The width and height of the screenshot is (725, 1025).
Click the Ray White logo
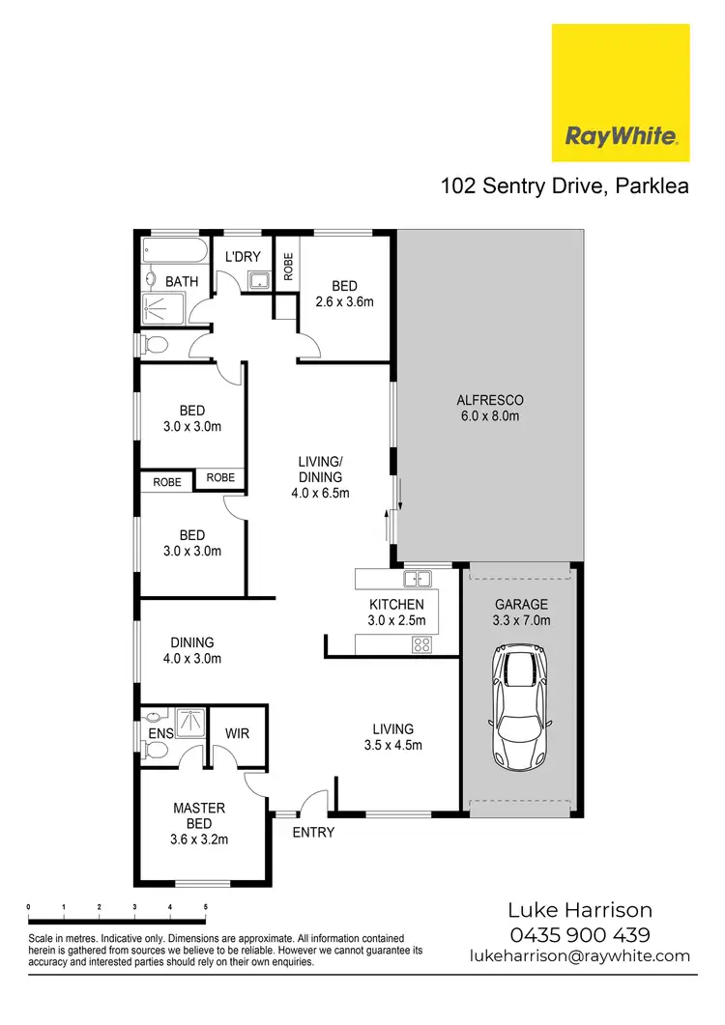pos(620,93)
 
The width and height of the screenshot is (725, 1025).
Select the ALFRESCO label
pos(489,400)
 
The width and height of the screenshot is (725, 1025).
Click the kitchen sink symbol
pos(418,580)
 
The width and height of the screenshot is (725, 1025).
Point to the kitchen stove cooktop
pos(421,644)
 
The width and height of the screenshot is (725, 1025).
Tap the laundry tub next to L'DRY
pos(257,281)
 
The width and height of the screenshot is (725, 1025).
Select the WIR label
pos(237,733)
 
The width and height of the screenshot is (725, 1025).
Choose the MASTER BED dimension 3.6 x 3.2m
pos(199,840)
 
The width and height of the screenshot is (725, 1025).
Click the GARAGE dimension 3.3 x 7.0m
pos(521,621)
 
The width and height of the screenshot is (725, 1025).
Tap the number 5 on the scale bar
pos(205,907)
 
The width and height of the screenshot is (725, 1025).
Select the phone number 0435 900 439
pos(579,934)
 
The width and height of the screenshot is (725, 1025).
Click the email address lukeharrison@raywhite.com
pos(579,955)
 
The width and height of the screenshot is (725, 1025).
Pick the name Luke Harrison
pos(579,910)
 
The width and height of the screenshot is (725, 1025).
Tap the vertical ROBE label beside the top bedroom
pos(288,262)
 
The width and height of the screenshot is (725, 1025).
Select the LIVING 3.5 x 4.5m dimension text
pos(391,745)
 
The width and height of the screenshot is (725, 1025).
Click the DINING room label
pos(192,642)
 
